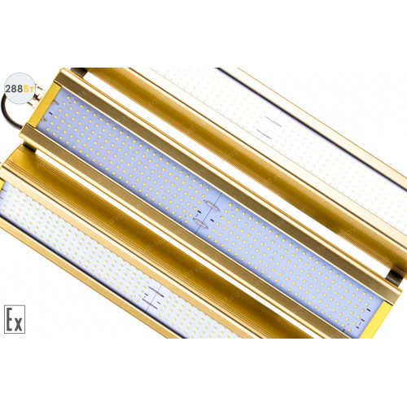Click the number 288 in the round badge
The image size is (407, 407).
14,89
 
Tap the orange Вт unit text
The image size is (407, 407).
29,89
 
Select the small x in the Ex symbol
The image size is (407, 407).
18,324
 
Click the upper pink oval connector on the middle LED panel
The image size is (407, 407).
212,205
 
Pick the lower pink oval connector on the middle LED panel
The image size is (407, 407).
201,222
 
